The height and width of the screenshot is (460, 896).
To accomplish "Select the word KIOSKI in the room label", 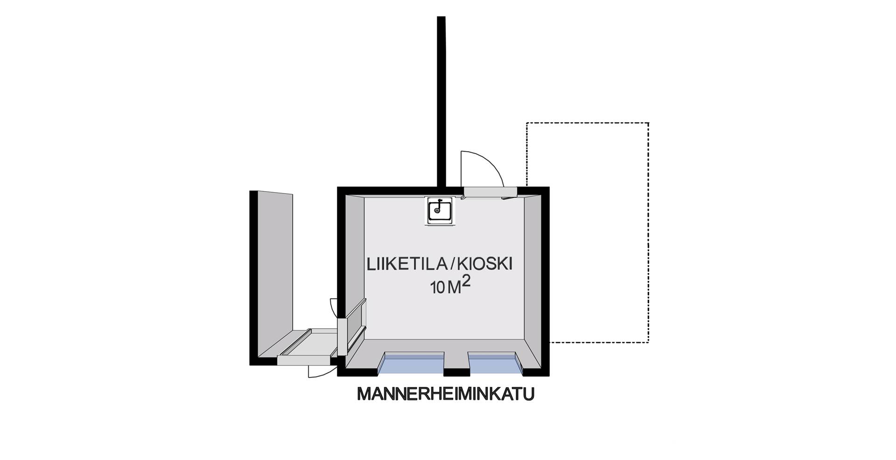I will tap(485, 265).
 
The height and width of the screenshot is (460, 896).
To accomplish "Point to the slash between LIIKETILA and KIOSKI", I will tap(450, 265).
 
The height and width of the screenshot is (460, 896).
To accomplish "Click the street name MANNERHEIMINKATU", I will tap(445, 394).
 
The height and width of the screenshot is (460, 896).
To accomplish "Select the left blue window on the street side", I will tap(410, 364).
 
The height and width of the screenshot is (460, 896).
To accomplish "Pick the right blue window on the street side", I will tap(495, 364).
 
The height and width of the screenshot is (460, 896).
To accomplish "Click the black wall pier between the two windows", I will tap(456, 372).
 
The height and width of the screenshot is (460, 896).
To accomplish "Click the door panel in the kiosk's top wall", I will tap(490, 191).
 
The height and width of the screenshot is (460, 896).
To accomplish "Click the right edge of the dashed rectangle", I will tap(648, 233).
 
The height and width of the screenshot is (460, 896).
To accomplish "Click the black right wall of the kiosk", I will tap(545, 280).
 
